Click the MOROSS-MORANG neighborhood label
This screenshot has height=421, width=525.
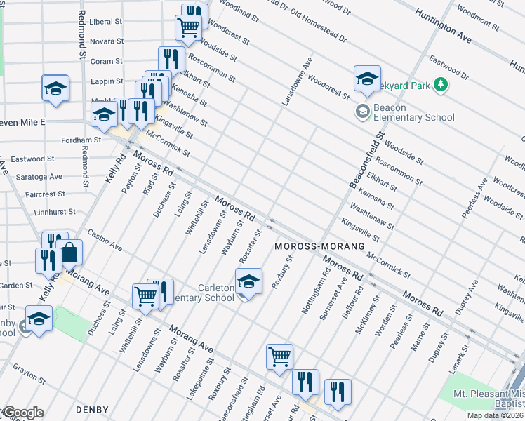tap(319, 246)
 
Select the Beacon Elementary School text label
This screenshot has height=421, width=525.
tap(414, 112)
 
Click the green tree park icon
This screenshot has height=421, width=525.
tap(441, 85)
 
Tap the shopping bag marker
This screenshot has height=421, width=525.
tap(71, 252)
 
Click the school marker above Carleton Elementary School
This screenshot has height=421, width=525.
tap(248, 282)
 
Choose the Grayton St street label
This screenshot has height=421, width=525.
tap(28, 372)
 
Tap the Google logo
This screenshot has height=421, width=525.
tap(22, 413)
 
